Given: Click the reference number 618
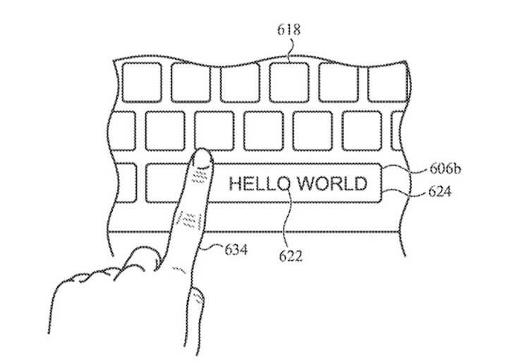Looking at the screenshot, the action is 288,30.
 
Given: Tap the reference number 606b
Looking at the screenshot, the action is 445,169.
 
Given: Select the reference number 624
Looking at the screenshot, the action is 439,192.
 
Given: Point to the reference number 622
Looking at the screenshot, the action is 291,256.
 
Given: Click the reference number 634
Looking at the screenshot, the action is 236,250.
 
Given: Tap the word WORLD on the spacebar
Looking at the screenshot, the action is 332,184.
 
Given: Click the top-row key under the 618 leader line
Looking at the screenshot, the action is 289,83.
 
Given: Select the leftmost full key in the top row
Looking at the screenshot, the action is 142,83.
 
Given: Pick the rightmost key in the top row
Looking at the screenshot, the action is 388,83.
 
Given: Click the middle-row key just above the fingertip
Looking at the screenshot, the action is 214,131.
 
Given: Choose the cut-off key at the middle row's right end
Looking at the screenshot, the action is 396,131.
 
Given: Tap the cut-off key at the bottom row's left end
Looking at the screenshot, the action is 126,183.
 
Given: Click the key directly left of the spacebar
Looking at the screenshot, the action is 165,183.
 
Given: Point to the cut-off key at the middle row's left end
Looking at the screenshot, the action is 123,131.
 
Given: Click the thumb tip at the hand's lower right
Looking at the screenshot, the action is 197,297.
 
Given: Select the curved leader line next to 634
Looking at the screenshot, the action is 212,248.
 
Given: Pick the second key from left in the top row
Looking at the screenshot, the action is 191,83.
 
